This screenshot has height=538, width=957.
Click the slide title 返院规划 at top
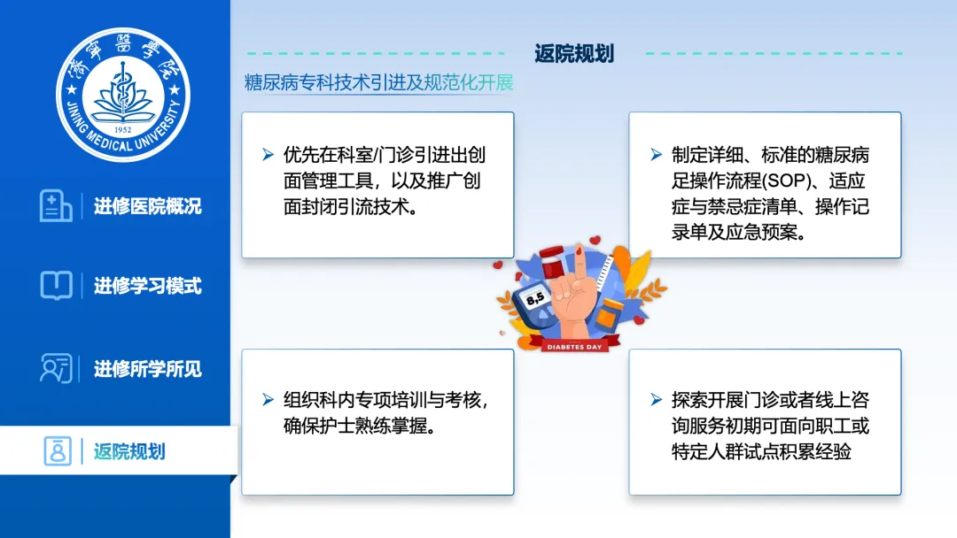point(573,54)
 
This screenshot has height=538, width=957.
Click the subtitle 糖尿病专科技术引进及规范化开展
point(378,82)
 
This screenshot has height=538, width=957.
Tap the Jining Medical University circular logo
point(123,95)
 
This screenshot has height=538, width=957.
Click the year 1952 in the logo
point(122,130)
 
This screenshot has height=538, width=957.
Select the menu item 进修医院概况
point(148,206)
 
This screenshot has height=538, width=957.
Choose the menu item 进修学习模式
point(148,286)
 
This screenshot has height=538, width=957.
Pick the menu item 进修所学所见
point(148,369)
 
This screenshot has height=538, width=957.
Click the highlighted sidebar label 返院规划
point(129,451)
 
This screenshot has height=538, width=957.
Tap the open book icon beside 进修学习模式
point(56,285)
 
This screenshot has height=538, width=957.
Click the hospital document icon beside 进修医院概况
point(56,205)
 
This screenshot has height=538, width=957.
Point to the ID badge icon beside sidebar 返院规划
point(58,451)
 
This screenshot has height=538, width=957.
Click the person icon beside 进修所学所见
point(56,368)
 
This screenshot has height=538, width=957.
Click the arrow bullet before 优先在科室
point(268,155)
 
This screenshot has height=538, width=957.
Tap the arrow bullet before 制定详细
point(656,155)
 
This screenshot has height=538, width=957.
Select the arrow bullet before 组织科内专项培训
point(268,400)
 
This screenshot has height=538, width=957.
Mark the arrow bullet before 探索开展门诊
point(656,400)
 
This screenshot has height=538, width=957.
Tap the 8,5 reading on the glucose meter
point(535,298)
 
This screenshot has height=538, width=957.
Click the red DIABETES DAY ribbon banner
point(574,345)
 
